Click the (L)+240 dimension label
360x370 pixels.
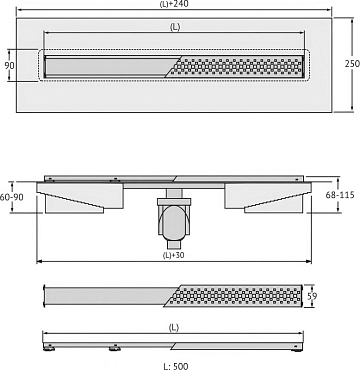tap(174, 4)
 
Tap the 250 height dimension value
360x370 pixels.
tap(352, 64)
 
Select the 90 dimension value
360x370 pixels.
tap(10, 65)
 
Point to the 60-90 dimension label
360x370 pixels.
tap(12, 197)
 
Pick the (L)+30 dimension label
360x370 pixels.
tap(174, 256)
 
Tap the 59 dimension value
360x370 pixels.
tap(311, 296)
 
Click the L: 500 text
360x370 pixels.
tap(176, 366)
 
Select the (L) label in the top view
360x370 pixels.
tap(175, 27)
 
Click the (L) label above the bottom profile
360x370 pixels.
tap(174, 328)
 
